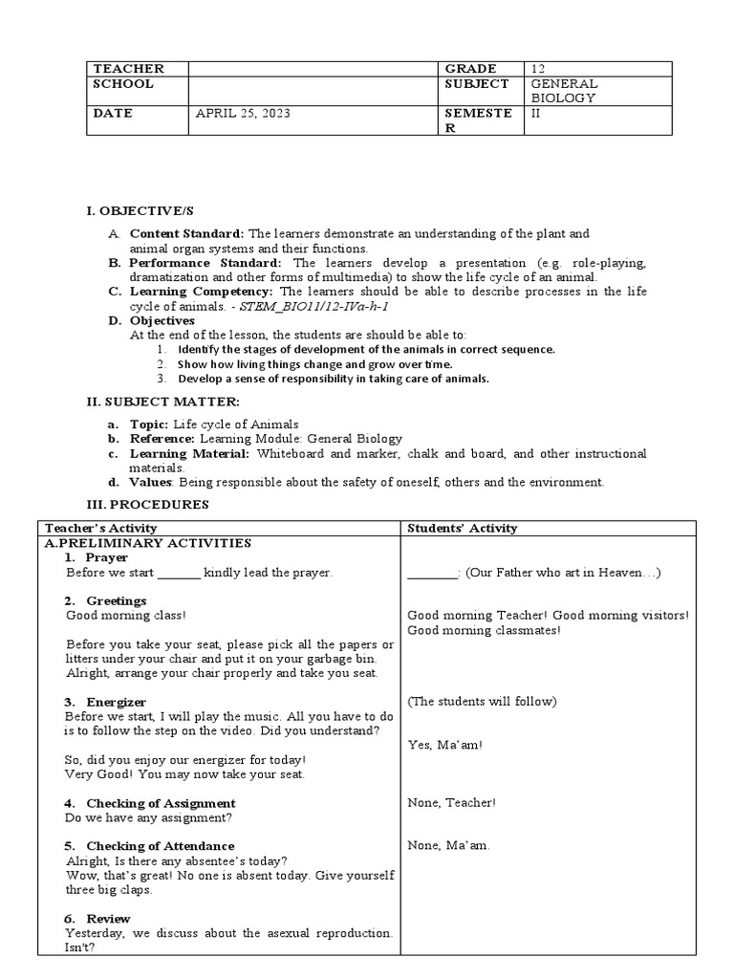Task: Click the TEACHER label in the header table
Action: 128,69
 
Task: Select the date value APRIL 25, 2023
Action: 243,113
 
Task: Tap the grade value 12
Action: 539,69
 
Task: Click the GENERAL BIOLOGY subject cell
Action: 564,91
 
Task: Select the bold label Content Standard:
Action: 187,233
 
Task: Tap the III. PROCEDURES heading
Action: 148,504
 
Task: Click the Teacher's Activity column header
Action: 100,528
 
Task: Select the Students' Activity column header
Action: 462,528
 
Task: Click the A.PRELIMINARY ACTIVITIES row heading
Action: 148,543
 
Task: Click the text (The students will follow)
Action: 481,702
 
